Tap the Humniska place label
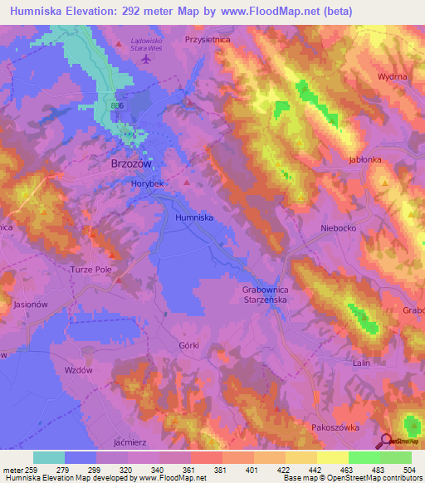point(195,217)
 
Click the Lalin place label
point(360,363)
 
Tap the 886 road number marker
point(118,106)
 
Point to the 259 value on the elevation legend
point(33,470)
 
